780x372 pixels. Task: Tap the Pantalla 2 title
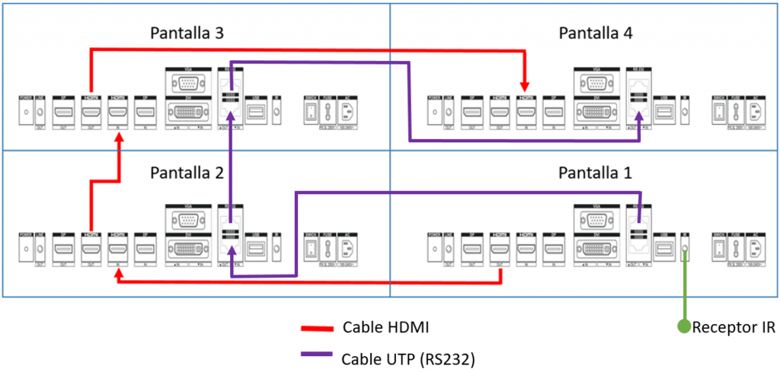click(187, 173)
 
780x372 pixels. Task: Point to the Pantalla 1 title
click(596, 173)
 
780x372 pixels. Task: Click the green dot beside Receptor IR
click(685, 327)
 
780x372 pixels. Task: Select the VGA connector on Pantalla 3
click(187, 83)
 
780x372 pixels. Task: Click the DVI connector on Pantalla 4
click(596, 112)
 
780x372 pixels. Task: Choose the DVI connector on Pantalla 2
click(187, 250)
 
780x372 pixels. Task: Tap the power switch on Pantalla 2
click(310, 250)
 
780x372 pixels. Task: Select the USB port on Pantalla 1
click(667, 250)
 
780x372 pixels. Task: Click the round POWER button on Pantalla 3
click(27, 112)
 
